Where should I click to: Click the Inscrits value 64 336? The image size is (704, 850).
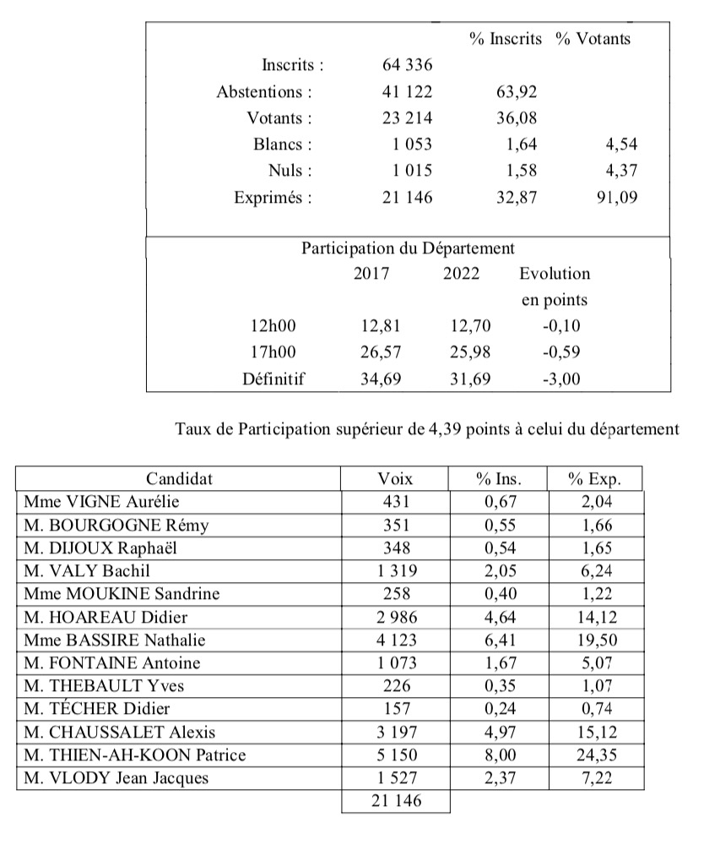[x=408, y=64]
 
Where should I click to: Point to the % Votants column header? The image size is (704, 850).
[x=593, y=38]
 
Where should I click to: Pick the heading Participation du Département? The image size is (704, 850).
[x=408, y=248]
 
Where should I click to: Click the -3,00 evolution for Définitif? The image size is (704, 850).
[x=559, y=379]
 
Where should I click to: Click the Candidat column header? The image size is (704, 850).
[x=179, y=478]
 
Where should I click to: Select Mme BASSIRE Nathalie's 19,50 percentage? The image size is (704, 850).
[x=595, y=640]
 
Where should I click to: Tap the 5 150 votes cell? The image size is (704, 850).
[x=395, y=754]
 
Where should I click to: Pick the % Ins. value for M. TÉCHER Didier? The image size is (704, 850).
[x=498, y=708]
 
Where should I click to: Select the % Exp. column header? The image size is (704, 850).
[x=595, y=478]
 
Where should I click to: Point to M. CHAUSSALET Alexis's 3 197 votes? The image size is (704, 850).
[x=395, y=731]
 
